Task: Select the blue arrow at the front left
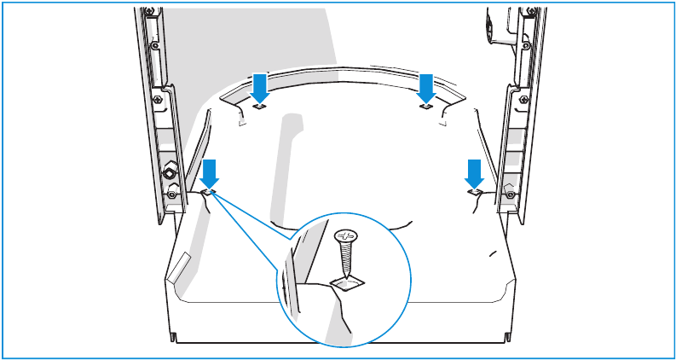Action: [x=210, y=171]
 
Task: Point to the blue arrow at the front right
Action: [x=475, y=171]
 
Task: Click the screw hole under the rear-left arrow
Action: [x=261, y=107]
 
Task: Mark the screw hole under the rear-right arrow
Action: [x=425, y=107]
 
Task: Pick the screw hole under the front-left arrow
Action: [x=209, y=193]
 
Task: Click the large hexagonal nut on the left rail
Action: [x=170, y=174]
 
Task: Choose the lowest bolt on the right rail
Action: [x=509, y=195]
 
